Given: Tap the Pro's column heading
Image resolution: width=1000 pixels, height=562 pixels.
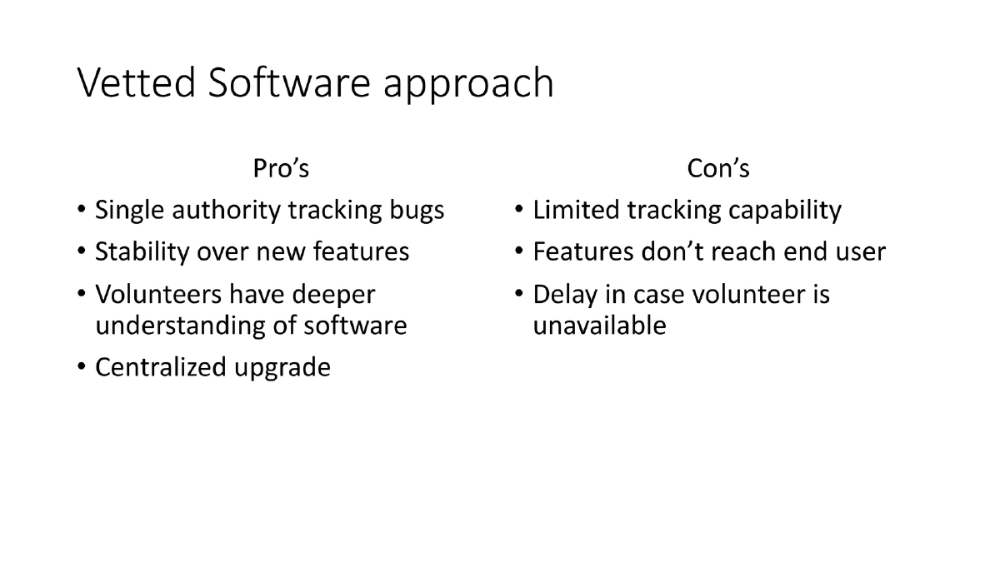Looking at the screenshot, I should pos(281,168).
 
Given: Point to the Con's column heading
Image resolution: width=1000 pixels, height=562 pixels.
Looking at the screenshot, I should pos(718,168).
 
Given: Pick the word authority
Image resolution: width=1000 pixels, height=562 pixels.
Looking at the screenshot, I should pos(226,211).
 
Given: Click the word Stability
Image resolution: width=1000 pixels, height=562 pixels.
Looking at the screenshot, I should pos(142,252).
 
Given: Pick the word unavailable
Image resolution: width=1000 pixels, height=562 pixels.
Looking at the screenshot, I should pos(599,326).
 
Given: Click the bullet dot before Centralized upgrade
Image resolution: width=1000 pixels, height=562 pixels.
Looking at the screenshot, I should pos(80,368).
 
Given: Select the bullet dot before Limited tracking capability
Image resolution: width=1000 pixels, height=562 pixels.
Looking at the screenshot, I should pos(517,211).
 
